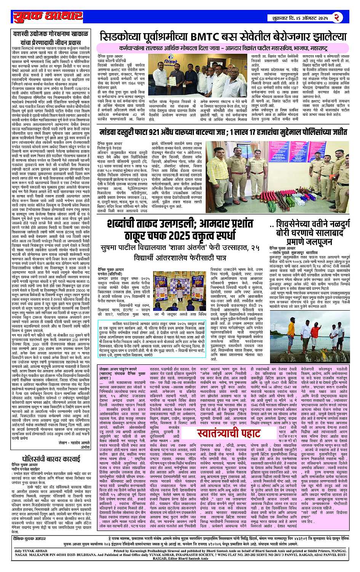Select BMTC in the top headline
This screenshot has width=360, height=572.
click(x=206, y=37)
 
